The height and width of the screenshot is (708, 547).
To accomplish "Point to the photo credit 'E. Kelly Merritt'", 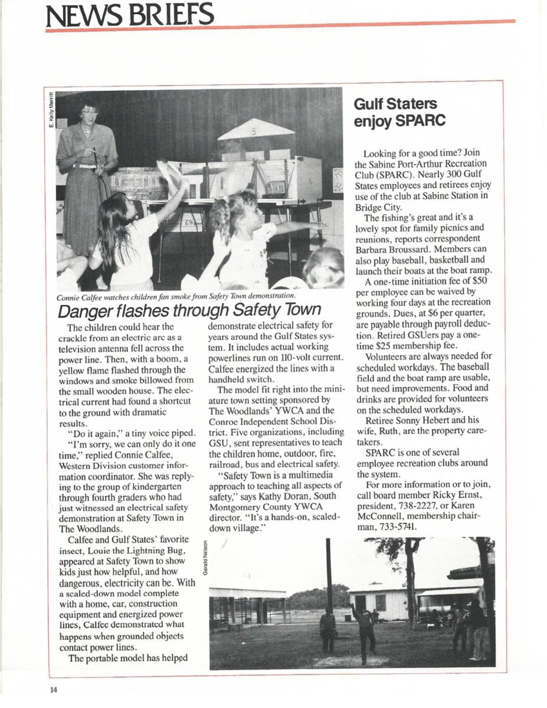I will (x=51, y=112).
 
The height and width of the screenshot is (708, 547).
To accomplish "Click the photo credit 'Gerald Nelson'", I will (x=204, y=558).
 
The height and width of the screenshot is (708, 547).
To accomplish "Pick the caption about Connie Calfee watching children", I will (x=176, y=296).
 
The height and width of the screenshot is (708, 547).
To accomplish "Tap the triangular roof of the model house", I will (x=256, y=130).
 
